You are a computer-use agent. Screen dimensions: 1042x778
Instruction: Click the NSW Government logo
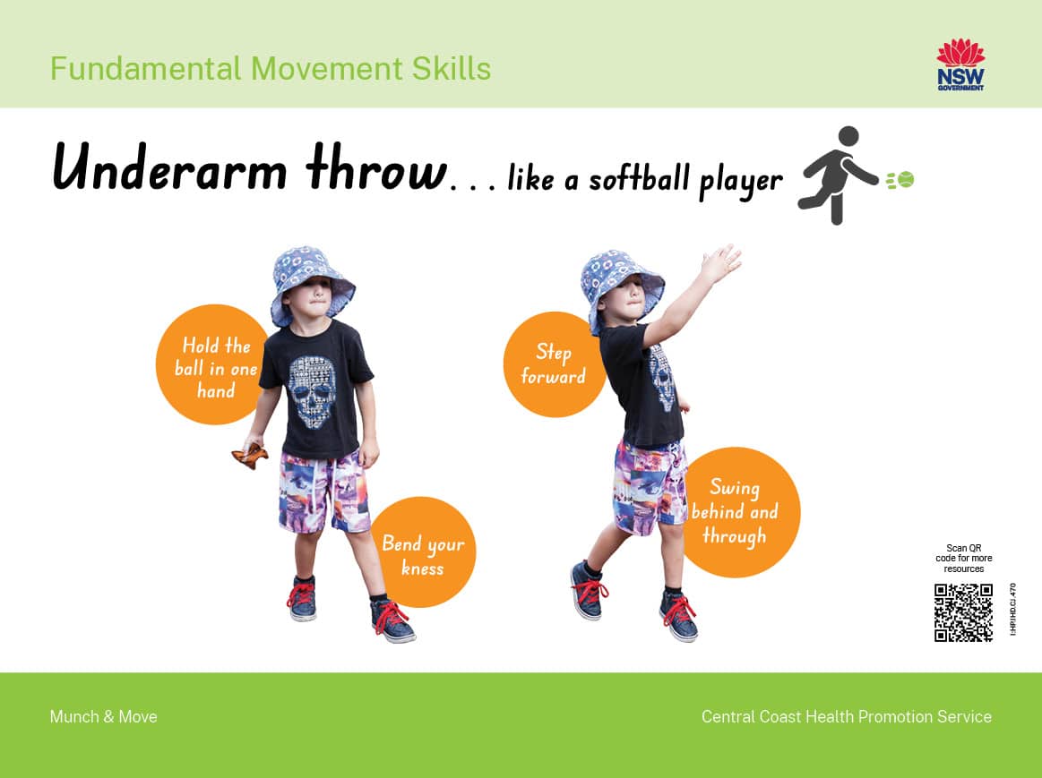pyautogui.click(x=960, y=64)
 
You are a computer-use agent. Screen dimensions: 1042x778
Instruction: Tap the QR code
pyautogui.click(x=963, y=612)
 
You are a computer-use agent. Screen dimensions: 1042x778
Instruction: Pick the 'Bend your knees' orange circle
pyautogui.click(x=423, y=551)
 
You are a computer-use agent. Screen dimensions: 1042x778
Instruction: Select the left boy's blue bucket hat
pyautogui.click(x=311, y=284)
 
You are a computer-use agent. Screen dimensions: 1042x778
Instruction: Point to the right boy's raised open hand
pyautogui.click(x=720, y=261)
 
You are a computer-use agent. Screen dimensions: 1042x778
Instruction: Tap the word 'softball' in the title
pyautogui.click(x=639, y=178)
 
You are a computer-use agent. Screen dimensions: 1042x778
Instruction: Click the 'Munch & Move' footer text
pyautogui.click(x=104, y=717)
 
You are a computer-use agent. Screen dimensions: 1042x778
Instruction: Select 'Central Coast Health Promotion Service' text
pyautogui.click(x=847, y=717)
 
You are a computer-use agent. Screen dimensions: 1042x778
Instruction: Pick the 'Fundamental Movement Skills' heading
pyautogui.click(x=271, y=68)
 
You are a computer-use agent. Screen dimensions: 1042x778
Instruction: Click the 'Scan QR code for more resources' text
pyautogui.click(x=963, y=559)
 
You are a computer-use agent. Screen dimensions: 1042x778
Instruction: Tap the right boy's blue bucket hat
pyautogui.click(x=621, y=289)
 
